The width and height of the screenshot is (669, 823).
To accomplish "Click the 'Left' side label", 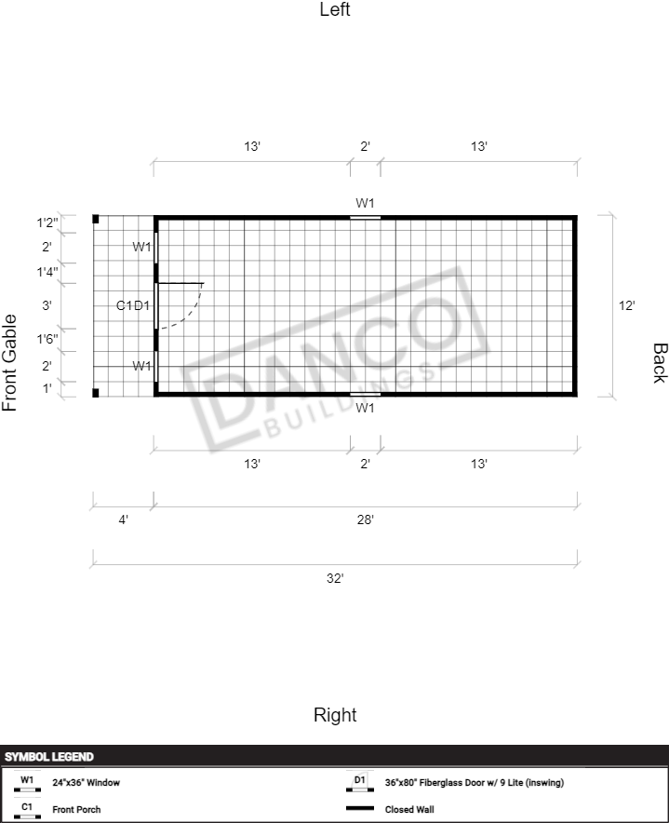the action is click(335, 9).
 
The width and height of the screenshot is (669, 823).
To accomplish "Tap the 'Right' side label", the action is click(335, 715).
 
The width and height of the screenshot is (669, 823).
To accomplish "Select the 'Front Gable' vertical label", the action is click(9, 363).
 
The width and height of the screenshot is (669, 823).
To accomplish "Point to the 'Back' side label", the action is click(660, 363).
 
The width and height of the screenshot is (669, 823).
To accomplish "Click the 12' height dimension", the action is click(626, 305).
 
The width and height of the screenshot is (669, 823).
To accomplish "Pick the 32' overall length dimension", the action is click(335, 578).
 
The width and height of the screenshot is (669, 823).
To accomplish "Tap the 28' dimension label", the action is click(365, 519).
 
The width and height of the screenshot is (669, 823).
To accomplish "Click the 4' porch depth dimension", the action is click(124, 519).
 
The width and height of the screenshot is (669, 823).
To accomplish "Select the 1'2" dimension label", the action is click(47, 223).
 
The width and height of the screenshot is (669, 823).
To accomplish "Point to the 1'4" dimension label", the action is click(47, 273).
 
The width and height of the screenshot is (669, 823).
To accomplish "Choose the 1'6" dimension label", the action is click(47, 339).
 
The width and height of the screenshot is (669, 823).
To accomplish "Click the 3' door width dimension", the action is click(47, 305).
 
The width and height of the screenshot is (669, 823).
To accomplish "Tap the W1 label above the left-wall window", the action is click(365, 203).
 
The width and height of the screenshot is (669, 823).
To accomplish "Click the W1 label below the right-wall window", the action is click(365, 408).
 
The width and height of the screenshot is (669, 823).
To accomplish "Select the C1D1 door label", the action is click(133, 305).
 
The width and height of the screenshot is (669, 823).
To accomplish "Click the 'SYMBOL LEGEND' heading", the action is click(49, 757).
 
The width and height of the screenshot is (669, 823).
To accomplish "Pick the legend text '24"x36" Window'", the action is click(86, 783).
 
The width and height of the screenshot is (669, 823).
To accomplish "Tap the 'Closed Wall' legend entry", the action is click(409, 809).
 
